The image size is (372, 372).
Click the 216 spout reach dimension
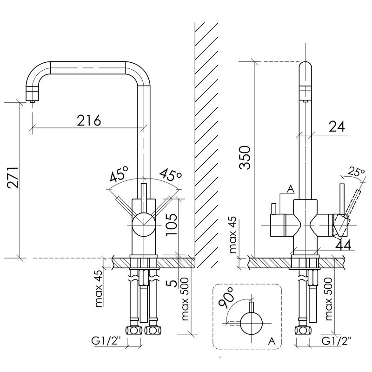coord(89,120)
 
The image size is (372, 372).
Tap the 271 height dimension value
coord(13,178)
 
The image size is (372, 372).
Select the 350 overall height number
coord(245,158)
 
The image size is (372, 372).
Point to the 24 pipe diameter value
coord(337,126)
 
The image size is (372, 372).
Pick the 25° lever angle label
coord(356,173)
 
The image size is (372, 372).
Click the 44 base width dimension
coord(343,245)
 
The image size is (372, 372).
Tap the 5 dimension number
coord(173,283)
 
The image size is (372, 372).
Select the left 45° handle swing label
coord(120,173)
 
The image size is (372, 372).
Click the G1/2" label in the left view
coord(106,341)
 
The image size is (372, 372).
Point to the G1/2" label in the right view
coord(336,341)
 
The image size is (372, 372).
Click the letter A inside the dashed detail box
coord(272,341)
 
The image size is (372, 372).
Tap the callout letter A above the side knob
coord(290,189)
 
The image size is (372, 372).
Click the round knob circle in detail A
coord(252,323)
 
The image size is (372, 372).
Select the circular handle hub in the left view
coord(144,225)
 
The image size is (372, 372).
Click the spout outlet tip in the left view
coord(32,101)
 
